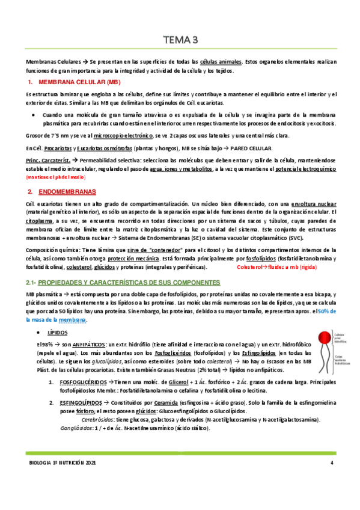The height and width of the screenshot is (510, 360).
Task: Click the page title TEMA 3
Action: coord(180,41)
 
